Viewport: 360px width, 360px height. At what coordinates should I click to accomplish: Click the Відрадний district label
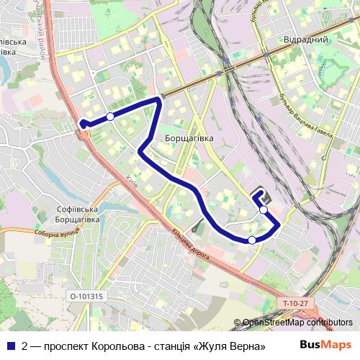click(x=306, y=39)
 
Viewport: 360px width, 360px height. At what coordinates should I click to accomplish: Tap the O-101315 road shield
click(x=86, y=296)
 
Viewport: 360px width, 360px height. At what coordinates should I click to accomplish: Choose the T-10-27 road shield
click(x=294, y=304)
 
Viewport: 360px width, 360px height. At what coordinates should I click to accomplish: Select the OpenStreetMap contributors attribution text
click(x=297, y=323)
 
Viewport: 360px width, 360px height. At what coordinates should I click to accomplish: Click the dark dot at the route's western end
click(x=83, y=124)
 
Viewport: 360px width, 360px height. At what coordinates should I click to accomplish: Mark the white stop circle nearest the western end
click(x=110, y=116)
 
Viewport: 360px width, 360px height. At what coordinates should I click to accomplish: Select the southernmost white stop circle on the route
click(x=251, y=240)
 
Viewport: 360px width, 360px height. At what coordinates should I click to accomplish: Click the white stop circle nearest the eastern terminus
click(x=264, y=210)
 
